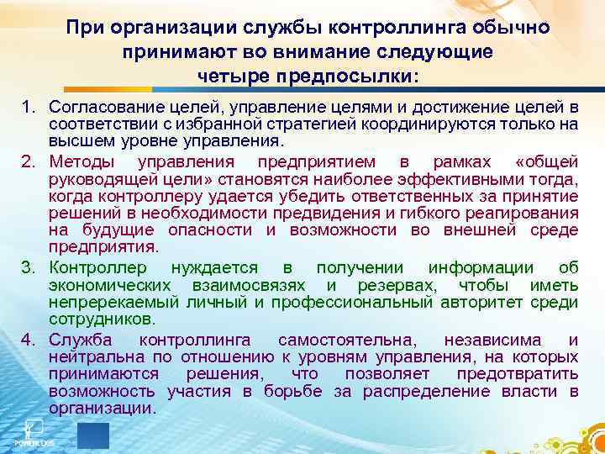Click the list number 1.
[x=28, y=108]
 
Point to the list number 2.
[x=28, y=161]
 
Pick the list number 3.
[x=28, y=268]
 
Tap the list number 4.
[x=28, y=340]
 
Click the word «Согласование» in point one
[x=99, y=108]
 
